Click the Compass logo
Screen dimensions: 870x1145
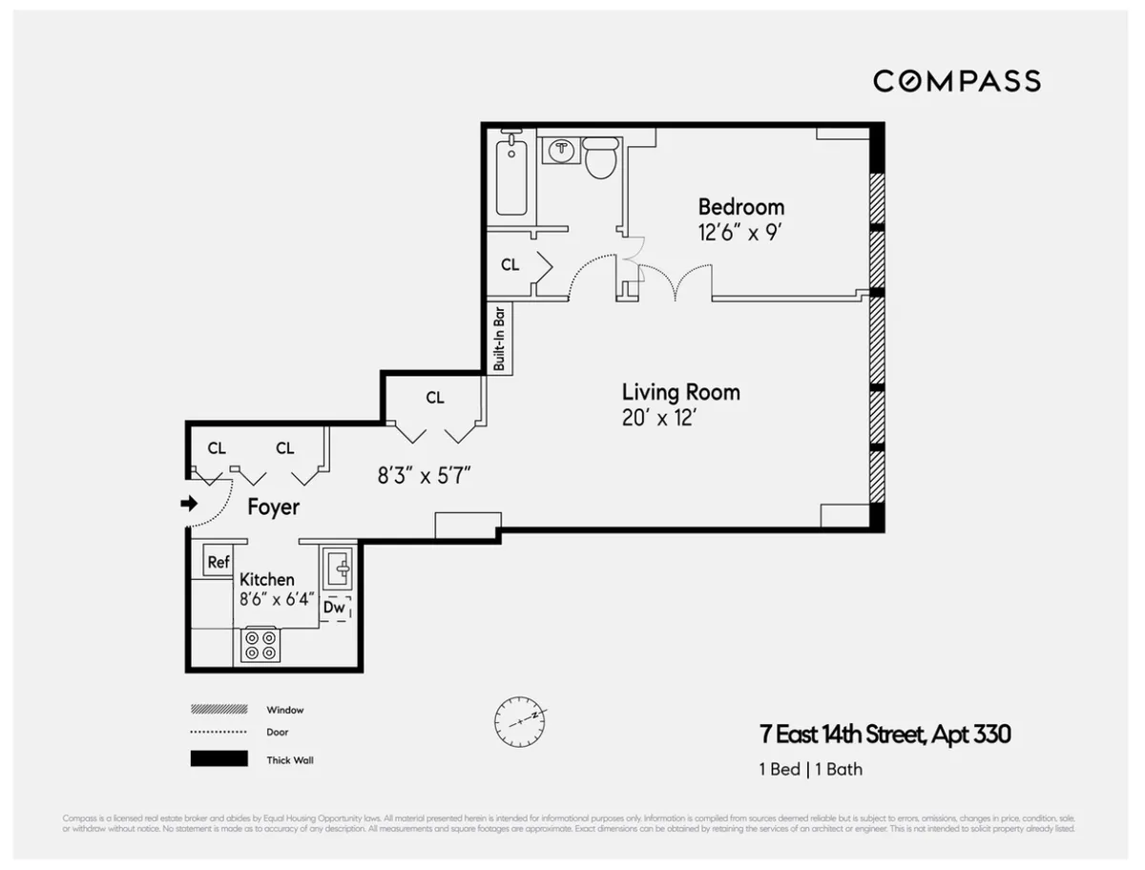956,81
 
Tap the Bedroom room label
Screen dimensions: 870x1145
740,207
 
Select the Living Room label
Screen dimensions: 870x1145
680,392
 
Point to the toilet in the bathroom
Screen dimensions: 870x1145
601,158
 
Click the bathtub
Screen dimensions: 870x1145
511,175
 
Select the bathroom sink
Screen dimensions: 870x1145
562,151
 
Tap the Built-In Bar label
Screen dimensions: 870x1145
499,339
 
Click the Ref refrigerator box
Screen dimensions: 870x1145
219,563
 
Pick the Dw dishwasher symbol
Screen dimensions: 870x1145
334,607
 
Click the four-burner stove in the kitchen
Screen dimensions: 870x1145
260,645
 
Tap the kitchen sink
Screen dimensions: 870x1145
337,570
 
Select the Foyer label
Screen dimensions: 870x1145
273,507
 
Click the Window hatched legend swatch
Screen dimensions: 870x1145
219,710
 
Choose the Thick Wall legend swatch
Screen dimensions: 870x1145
219,760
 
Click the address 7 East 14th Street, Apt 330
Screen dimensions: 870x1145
885,735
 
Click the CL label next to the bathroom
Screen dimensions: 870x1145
510,265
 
